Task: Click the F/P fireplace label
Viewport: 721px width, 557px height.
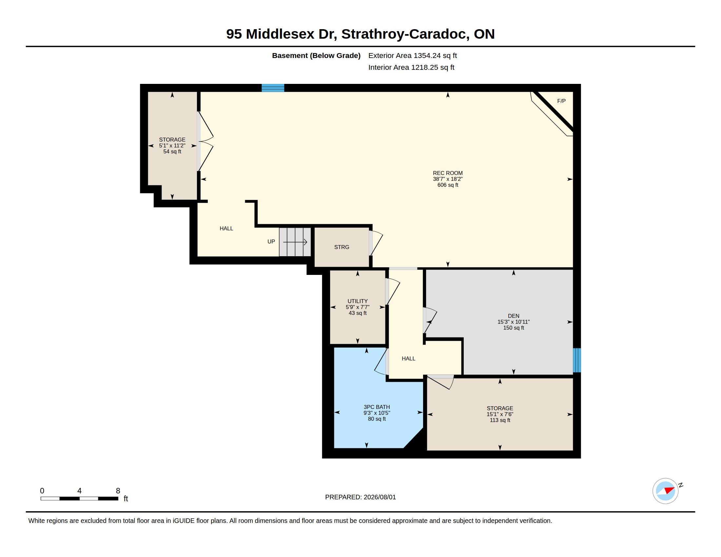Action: pos(561,101)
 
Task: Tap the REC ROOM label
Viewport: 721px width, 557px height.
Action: pos(448,173)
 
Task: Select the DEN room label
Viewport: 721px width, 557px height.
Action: pos(513,316)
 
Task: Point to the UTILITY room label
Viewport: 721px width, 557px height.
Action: pos(358,301)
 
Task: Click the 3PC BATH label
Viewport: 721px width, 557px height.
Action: pos(377,407)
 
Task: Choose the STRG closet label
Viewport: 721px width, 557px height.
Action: pos(342,247)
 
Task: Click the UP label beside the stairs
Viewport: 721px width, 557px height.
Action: pos(271,241)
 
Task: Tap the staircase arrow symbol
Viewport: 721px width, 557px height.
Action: pos(295,242)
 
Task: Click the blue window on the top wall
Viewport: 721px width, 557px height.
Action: pos(273,88)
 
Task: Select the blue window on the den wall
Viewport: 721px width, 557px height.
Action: pos(577,360)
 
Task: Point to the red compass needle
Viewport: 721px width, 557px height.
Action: pos(670,490)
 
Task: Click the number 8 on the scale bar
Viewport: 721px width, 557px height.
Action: pos(118,491)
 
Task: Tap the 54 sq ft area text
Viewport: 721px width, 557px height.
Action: pos(172,151)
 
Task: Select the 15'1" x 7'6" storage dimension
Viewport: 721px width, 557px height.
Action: pos(500,414)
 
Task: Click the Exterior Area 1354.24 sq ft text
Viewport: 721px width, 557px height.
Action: pos(413,55)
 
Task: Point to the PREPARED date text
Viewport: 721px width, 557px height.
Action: pos(360,497)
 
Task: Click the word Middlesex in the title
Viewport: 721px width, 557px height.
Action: pos(280,34)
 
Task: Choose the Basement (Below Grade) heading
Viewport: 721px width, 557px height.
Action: pos(316,55)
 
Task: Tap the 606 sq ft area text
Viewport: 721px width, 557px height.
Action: pos(448,185)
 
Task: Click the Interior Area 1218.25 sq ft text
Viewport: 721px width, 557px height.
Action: pos(411,67)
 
